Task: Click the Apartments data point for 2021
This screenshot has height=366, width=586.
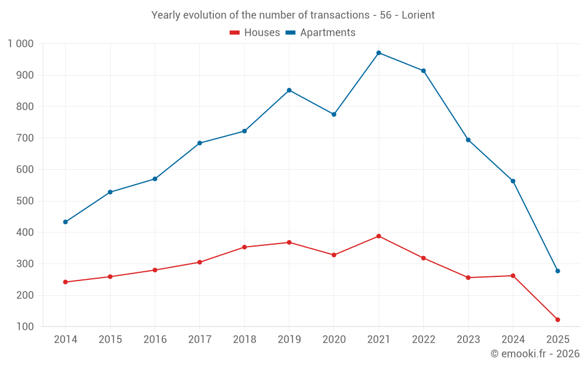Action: (x=379, y=53)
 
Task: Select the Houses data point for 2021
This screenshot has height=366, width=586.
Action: (x=379, y=236)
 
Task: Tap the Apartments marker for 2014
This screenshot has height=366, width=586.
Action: (x=65, y=222)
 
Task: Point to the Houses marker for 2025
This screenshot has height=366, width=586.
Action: (x=557, y=320)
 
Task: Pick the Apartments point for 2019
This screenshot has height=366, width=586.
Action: (x=289, y=90)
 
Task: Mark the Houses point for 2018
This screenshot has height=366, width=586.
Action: (x=244, y=247)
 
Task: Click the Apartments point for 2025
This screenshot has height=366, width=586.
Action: (x=557, y=271)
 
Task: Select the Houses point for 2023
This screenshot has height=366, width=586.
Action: (x=468, y=278)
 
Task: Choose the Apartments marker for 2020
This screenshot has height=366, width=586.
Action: (x=334, y=114)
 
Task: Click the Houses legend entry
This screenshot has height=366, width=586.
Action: (x=255, y=33)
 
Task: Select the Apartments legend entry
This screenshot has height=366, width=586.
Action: (x=321, y=33)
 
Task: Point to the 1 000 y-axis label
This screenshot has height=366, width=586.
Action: (x=21, y=44)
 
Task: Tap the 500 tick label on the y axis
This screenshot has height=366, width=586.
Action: (x=25, y=201)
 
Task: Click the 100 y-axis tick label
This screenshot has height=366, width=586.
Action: (x=25, y=327)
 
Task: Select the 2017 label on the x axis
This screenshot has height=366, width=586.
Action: (x=199, y=340)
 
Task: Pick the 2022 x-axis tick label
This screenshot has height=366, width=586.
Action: (x=423, y=340)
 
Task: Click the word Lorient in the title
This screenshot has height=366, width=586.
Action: (x=418, y=15)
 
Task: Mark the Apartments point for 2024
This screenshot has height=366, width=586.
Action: (x=513, y=181)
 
